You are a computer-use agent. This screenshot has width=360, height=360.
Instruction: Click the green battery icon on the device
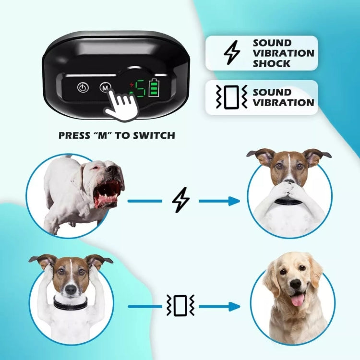pyautogui.click(x=153, y=88)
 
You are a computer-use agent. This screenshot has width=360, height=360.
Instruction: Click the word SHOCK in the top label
pyautogui.click(x=272, y=63)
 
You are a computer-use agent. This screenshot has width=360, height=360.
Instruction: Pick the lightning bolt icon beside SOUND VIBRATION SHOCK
pyautogui.click(x=232, y=53)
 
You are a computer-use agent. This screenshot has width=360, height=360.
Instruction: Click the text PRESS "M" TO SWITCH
pyautogui.click(x=117, y=135)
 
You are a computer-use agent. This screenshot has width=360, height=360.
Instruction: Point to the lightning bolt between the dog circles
pyautogui.click(x=180, y=200)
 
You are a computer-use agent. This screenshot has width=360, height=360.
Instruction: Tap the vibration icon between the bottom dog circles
pyautogui.click(x=180, y=306)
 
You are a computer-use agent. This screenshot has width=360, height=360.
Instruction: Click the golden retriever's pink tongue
pyautogui.click(x=298, y=300)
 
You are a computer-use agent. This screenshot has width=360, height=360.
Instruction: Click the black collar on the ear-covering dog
pyautogui.click(x=71, y=304)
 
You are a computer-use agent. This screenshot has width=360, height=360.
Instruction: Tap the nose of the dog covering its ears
pyautogui.click(x=70, y=289)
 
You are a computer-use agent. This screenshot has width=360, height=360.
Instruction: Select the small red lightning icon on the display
pyautogui.click(x=132, y=84)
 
